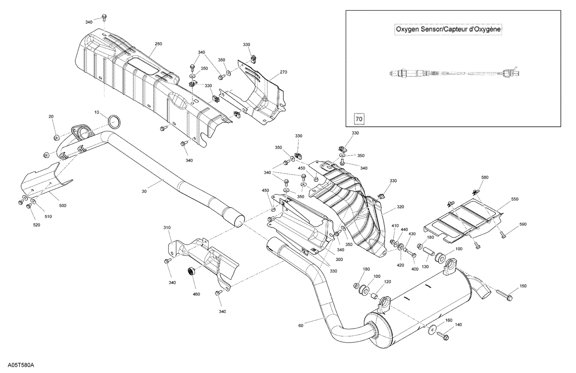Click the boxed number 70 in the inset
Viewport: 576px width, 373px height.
pos(359,119)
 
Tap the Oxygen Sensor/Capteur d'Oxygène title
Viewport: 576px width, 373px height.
pos(448,29)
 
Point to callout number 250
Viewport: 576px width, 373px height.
pos(158,44)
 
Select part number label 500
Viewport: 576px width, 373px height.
pos(63,206)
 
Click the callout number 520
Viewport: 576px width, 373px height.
pos(36,225)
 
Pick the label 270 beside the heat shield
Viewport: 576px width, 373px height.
pos(283,72)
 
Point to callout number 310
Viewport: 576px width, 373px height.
pos(167,227)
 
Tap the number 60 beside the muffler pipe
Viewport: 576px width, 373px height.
pos(300,326)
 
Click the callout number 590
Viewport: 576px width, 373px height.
pos(523,224)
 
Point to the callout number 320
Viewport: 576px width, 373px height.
pos(400,207)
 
